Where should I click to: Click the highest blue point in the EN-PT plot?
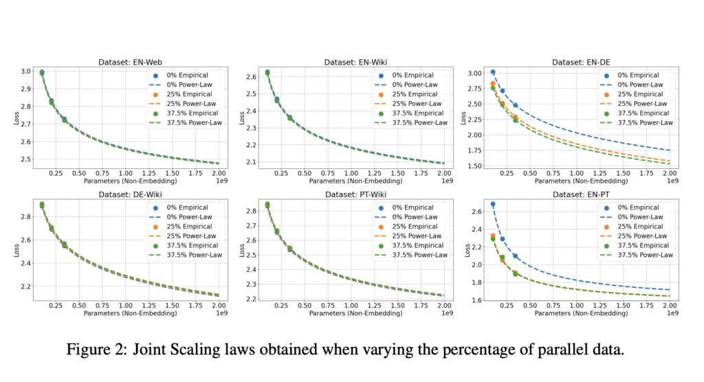493,204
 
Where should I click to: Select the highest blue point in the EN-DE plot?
493,72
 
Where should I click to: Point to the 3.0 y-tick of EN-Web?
26,71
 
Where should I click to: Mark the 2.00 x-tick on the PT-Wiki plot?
444,306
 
